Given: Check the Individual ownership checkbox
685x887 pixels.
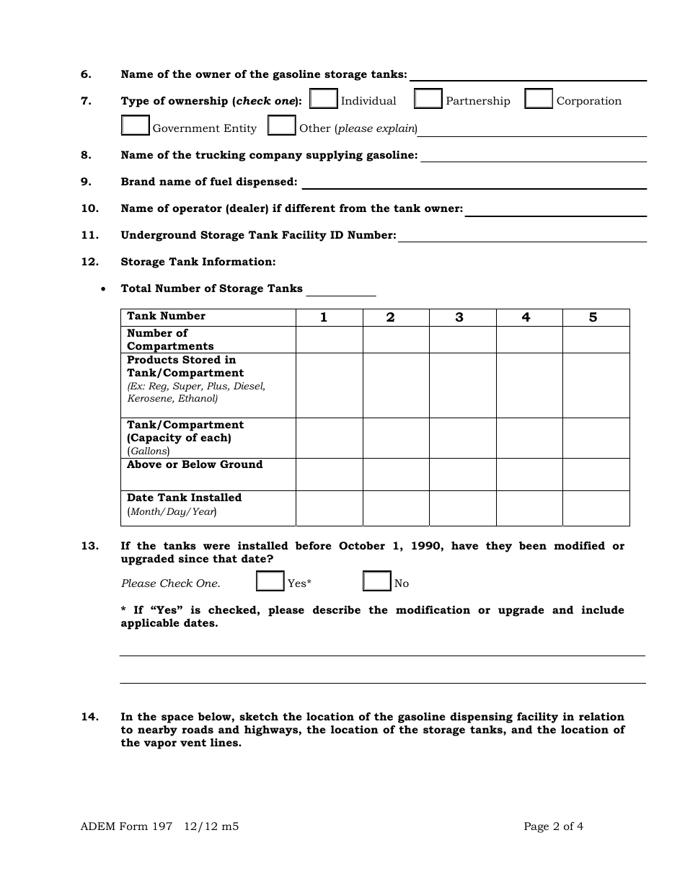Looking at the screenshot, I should (x=323, y=99).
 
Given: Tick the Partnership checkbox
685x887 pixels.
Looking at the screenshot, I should (x=428, y=99).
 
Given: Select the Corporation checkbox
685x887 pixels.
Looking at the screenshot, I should (x=539, y=99).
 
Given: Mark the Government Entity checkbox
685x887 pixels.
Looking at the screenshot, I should (x=136, y=125).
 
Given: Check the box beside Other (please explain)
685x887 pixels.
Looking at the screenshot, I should (x=282, y=125).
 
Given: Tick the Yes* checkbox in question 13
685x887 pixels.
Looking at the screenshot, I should (x=270, y=581).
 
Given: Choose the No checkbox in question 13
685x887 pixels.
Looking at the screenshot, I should (x=377, y=581).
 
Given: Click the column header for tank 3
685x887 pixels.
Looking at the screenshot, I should (x=459, y=317).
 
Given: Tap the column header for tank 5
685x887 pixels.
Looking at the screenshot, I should (x=593, y=317).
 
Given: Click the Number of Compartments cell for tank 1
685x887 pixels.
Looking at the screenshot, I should (x=329, y=340).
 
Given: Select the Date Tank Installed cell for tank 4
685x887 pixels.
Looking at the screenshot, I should (x=529, y=508).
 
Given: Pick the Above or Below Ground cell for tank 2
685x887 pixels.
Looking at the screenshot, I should (x=396, y=475).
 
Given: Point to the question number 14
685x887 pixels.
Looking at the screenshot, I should (x=89, y=717).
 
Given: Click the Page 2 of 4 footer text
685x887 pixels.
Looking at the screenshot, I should (x=553, y=827).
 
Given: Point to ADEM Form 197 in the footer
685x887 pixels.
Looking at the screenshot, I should (x=127, y=827).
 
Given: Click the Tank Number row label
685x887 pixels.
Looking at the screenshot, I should (x=167, y=317).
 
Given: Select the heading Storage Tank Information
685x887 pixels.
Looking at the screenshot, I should (x=198, y=262).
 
